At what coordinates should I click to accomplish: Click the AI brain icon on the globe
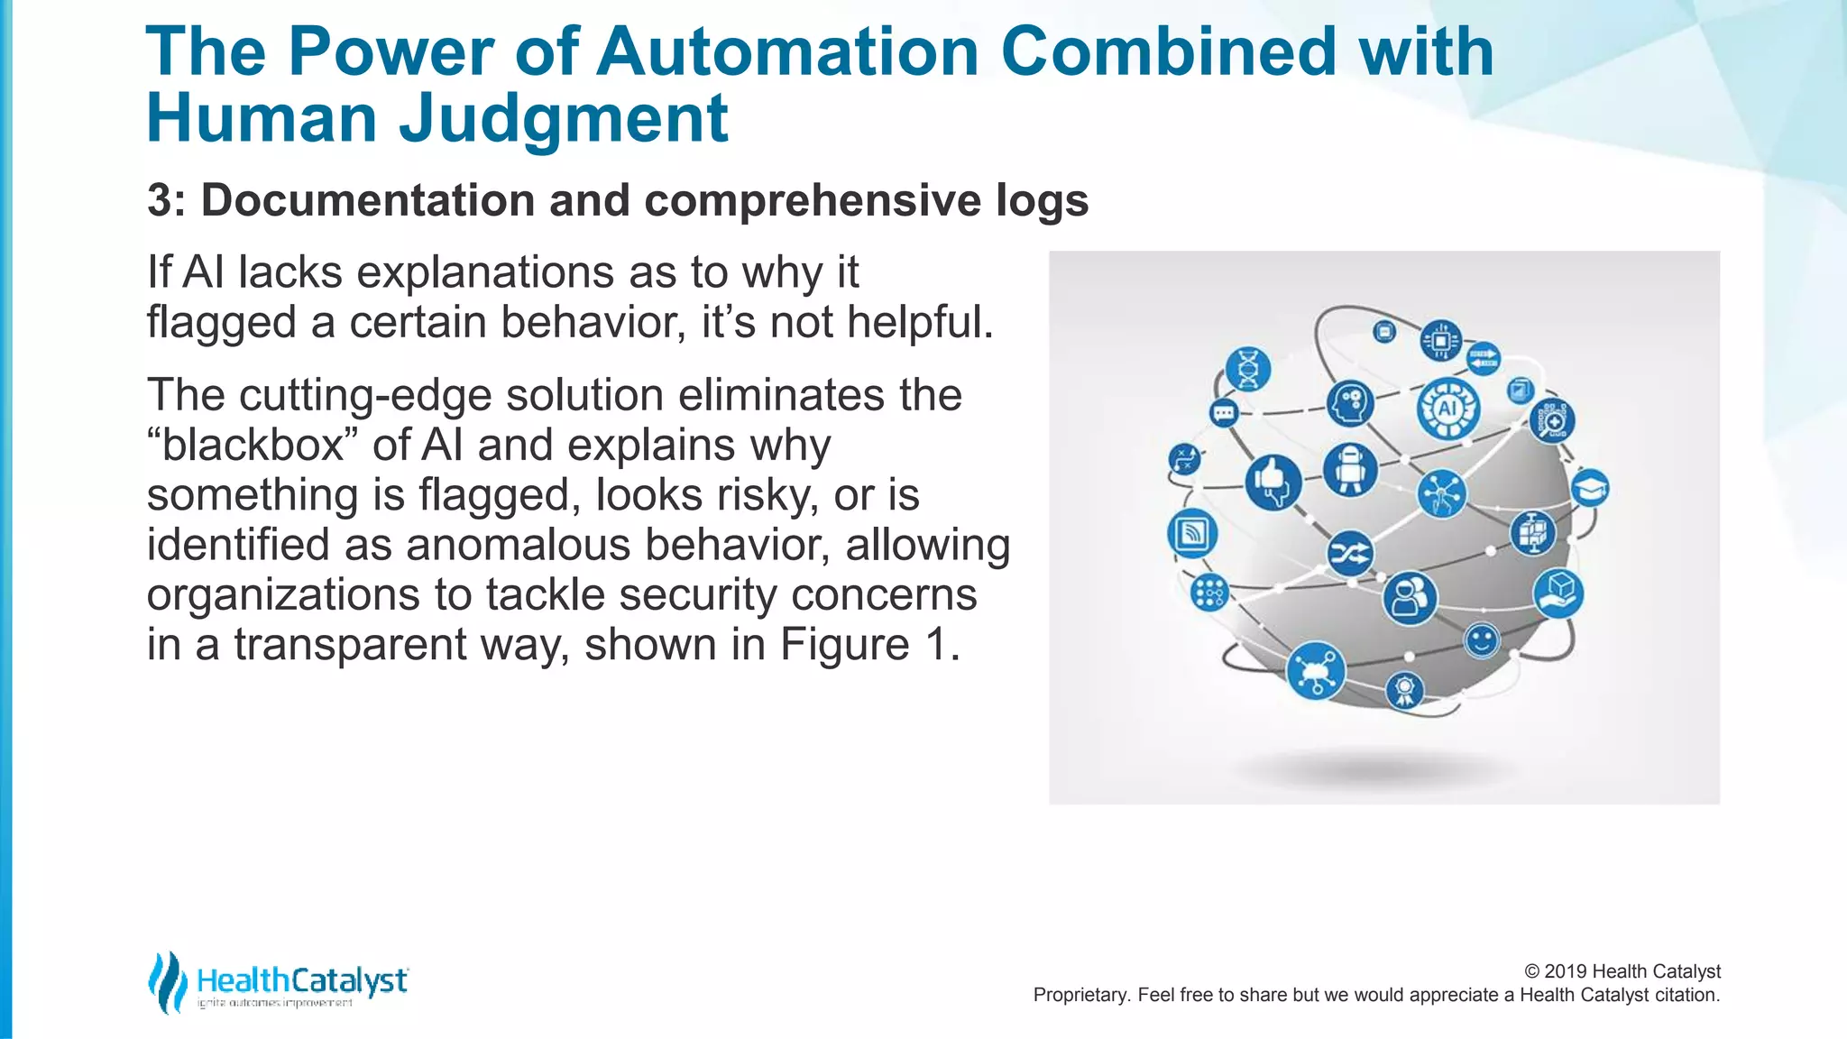click(x=1447, y=409)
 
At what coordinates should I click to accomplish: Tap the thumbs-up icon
click(x=1273, y=482)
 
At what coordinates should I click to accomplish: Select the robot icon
click(x=1350, y=470)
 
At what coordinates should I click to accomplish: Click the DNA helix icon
click(x=1248, y=369)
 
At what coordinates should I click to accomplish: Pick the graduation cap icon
click(x=1590, y=488)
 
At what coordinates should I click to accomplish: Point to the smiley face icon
click(x=1481, y=640)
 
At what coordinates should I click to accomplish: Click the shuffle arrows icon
click(x=1350, y=554)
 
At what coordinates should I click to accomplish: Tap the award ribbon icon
click(x=1403, y=691)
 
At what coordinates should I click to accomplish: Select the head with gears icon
click(x=1350, y=403)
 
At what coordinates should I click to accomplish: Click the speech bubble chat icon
click(x=1224, y=414)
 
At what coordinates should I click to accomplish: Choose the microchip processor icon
click(x=1441, y=341)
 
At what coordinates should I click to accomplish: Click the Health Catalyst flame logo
click(x=167, y=982)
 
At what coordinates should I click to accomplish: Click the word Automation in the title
click(x=787, y=51)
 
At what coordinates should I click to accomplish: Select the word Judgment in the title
click(x=563, y=119)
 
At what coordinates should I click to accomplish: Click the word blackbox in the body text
click(x=253, y=446)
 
